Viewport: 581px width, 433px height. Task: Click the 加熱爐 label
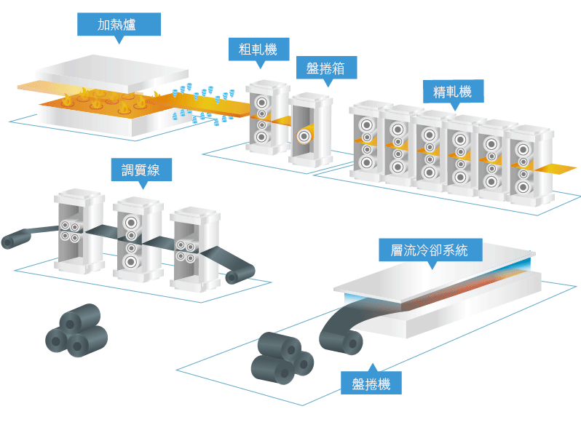119,25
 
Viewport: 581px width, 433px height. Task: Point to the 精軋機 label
452,92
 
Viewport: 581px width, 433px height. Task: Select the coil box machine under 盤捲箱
311,131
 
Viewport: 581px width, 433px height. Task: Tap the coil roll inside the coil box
304,135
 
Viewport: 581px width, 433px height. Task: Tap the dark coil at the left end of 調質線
13,241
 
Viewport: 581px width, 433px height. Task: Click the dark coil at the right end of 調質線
236,274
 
